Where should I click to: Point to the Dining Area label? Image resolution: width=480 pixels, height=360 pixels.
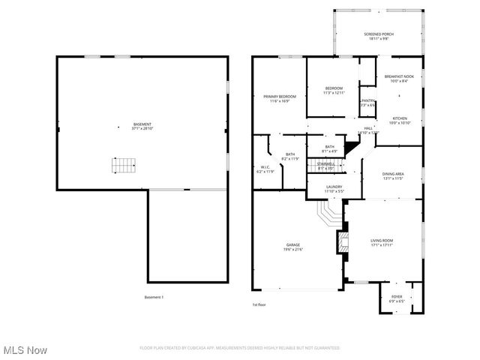click(394, 175)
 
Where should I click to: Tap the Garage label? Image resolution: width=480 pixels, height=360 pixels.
click(293, 246)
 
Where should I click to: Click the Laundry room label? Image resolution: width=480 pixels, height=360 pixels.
click(334, 189)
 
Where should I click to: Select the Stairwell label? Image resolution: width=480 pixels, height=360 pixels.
click(325, 165)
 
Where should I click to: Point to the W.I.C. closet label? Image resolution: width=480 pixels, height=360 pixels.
click(265, 169)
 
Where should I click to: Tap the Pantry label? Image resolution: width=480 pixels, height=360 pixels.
click(367, 103)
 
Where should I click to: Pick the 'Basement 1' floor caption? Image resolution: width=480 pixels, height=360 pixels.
click(154, 298)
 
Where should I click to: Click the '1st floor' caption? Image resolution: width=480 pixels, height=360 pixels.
click(259, 304)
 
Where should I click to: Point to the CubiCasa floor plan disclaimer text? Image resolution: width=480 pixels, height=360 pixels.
click(240, 348)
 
